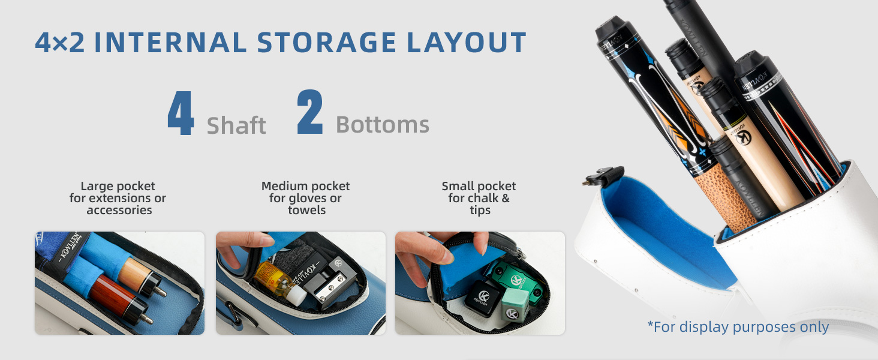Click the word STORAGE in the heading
326,42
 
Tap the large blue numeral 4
181,113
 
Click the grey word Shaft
236,125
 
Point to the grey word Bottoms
383,125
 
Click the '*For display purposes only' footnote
738,326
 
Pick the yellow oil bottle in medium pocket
279,283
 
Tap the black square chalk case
483,298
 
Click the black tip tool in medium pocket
329,280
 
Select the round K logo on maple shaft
743,137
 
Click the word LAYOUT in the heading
467,42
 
